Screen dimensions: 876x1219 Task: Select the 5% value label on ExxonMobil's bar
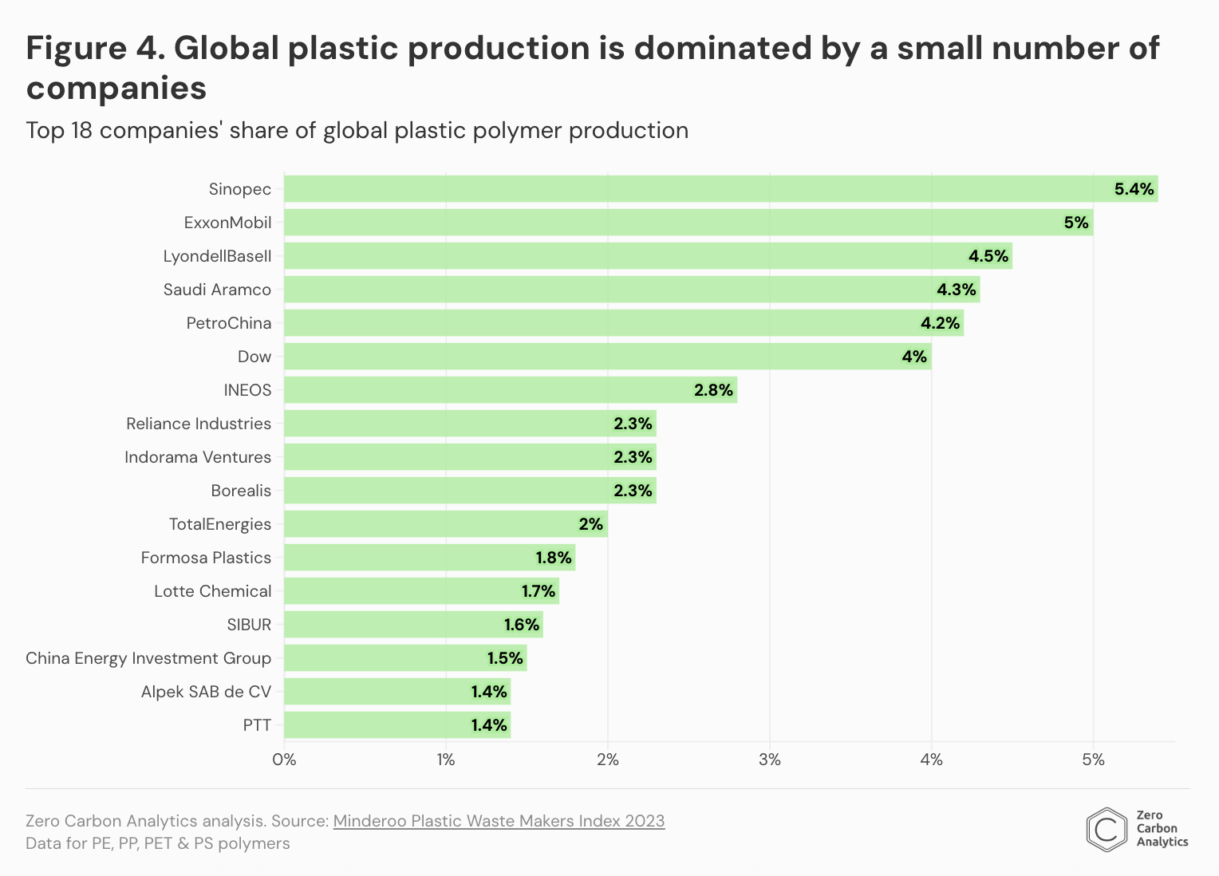point(1076,223)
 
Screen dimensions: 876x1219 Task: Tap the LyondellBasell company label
point(217,256)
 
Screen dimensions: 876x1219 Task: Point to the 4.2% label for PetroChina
point(940,323)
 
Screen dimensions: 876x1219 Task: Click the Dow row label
point(254,357)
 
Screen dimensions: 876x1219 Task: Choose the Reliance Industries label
point(199,424)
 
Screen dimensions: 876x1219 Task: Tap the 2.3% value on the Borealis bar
point(633,491)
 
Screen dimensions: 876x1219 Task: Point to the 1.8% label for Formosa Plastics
point(553,558)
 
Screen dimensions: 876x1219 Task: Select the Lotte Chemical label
point(213,591)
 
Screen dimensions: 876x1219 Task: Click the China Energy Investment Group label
point(148,658)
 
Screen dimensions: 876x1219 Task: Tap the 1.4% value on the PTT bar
point(488,725)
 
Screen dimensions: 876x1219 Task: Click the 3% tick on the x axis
point(769,760)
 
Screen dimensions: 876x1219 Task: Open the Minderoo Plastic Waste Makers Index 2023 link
point(499,821)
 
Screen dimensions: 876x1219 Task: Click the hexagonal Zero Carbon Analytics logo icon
point(1106,830)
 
